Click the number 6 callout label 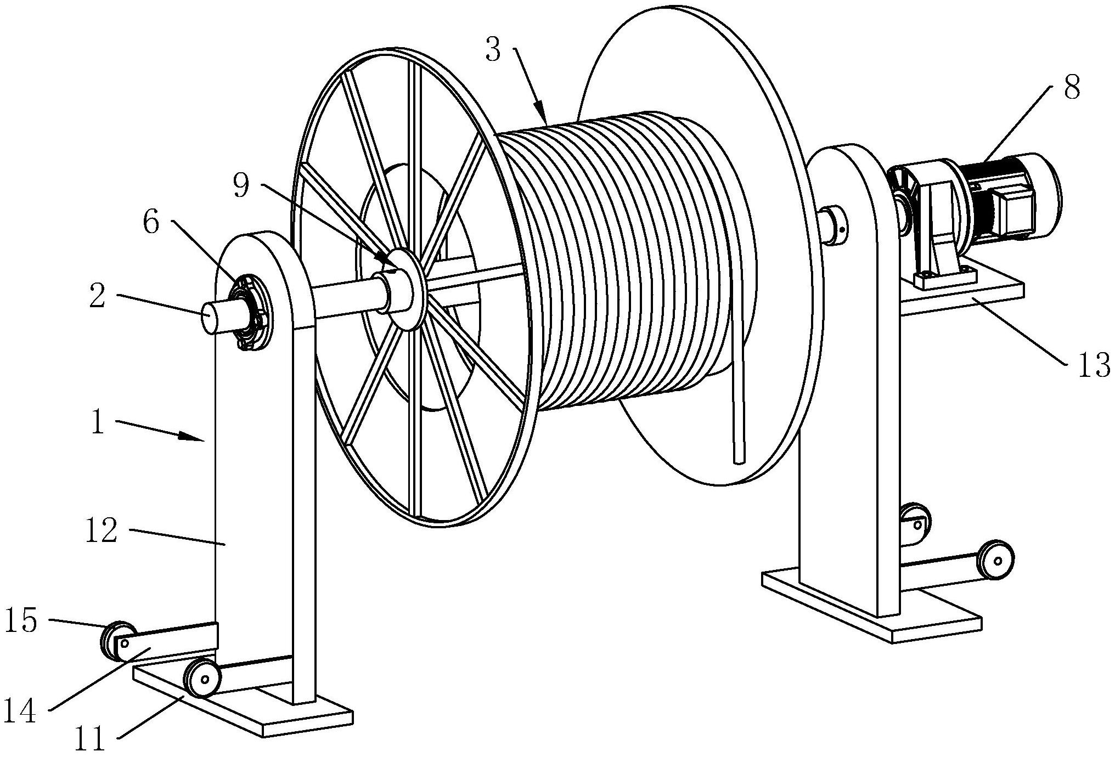click(x=152, y=223)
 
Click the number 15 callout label click(x=21, y=620)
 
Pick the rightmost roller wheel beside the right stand click(x=995, y=559)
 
